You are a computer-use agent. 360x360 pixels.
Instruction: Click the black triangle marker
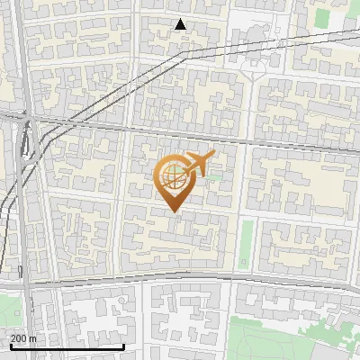[181, 24]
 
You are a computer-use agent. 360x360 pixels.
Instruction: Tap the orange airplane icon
[198, 163]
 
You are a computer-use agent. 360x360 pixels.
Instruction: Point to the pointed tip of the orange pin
[174, 211]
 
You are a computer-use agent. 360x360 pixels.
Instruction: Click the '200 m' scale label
[23, 338]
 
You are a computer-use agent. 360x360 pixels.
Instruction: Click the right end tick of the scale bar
[123, 345]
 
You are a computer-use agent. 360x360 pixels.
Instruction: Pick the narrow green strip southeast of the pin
[247, 243]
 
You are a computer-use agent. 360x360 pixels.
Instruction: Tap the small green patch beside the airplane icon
[213, 176]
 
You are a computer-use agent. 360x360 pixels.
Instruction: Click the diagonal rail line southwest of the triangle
[99, 99]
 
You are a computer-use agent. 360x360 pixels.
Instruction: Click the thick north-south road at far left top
[22, 45]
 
